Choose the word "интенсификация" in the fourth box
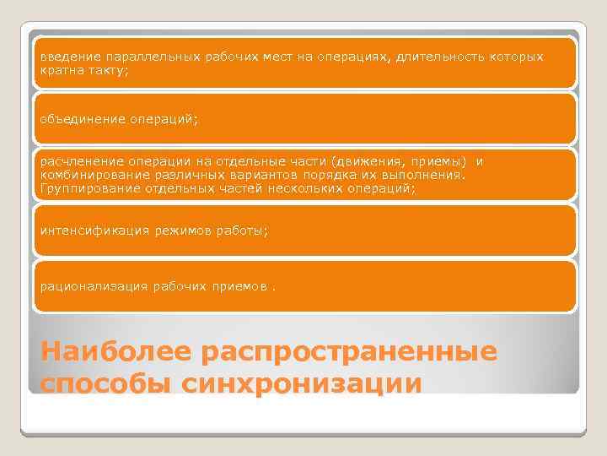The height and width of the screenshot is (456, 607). click(x=87, y=231)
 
